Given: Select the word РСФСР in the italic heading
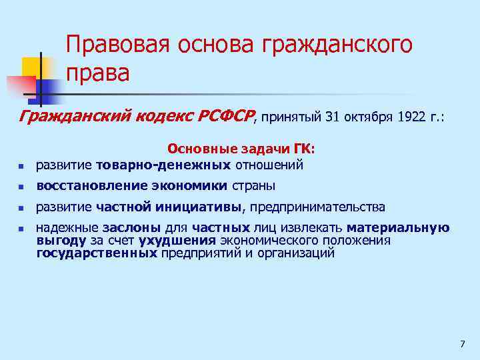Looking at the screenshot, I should pos(225,117).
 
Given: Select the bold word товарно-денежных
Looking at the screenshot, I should pos(163,164).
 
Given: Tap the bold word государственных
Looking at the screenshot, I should pos(97,253).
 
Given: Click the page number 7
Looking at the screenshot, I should pos(462,344).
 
